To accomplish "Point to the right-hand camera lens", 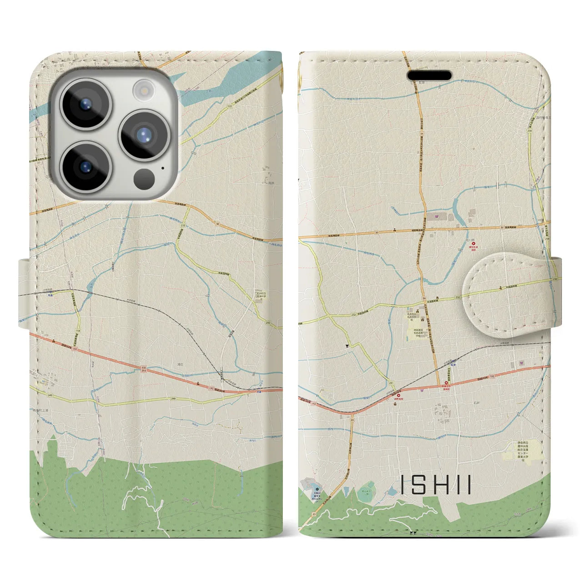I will coord(144,135).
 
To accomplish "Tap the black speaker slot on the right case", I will coord(429,75).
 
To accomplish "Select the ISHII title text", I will coord(436,485).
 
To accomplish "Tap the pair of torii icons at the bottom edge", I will coord(413,533).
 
